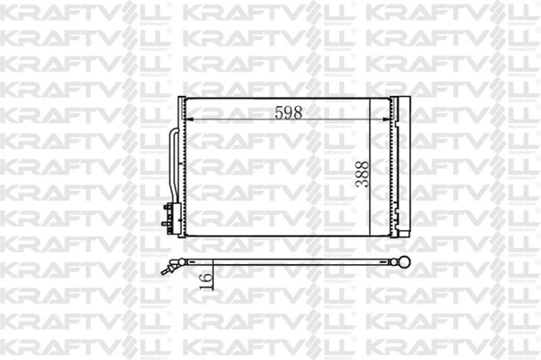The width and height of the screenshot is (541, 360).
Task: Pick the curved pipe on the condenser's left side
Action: (x=172, y=169)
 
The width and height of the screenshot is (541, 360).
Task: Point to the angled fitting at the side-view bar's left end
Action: (x=168, y=267)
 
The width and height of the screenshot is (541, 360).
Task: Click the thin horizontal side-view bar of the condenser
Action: (x=283, y=263)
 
